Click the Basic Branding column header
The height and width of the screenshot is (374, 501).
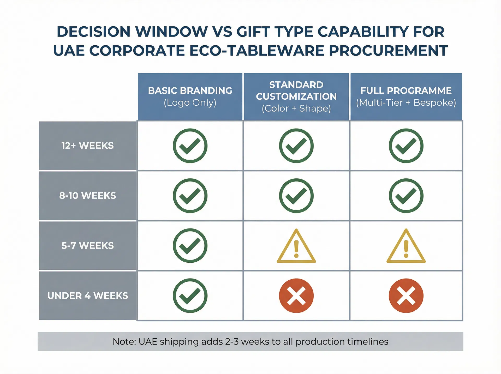(190, 96)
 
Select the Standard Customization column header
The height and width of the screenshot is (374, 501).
(296, 96)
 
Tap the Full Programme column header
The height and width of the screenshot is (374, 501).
(406, 96)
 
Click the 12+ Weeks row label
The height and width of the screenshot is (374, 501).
(88, 146)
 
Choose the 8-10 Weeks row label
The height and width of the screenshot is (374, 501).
(88, 196)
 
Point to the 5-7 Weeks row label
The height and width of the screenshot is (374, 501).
(88, 246)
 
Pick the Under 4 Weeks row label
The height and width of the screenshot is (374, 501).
(88, 296)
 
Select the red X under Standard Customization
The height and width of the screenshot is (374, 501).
(296, 296)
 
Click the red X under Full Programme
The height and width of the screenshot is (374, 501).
(406, 296)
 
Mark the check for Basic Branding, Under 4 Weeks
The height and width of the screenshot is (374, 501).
(190, 296)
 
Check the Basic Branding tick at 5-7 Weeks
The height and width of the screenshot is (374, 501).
(190, 246)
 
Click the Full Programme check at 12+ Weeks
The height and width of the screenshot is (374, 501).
(406, 146)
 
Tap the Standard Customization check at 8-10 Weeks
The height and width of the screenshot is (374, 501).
(296, 196)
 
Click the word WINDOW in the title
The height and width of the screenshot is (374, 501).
(171, 32)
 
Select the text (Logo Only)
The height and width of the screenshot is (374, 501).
(190, 102)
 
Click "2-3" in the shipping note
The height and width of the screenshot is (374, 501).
(232, 342)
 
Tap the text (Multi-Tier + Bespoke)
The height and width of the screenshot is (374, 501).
(406, 102)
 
